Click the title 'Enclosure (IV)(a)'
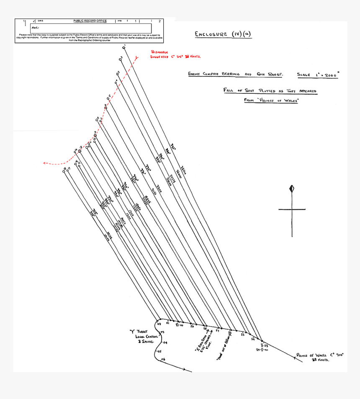click(223, 34)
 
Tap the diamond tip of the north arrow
click(292, 189)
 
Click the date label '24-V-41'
click(263, 350)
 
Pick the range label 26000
click(178, 173)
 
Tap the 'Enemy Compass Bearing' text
click(213, 74)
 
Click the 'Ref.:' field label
click(35, 27)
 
